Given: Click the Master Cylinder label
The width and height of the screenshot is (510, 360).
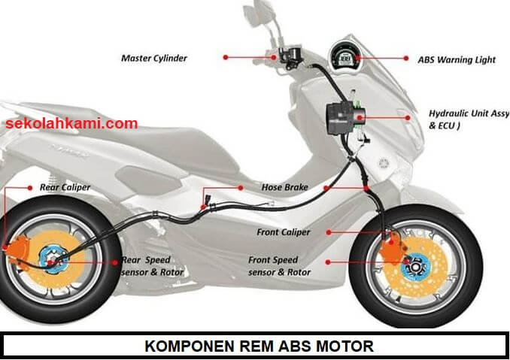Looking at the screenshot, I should point(154,57).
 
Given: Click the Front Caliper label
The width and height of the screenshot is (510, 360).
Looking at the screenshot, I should point(283,232).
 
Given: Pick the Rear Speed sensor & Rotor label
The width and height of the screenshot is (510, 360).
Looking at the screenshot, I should point(155,265).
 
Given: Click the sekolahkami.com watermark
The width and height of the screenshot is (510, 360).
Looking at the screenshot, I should point(74,123).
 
